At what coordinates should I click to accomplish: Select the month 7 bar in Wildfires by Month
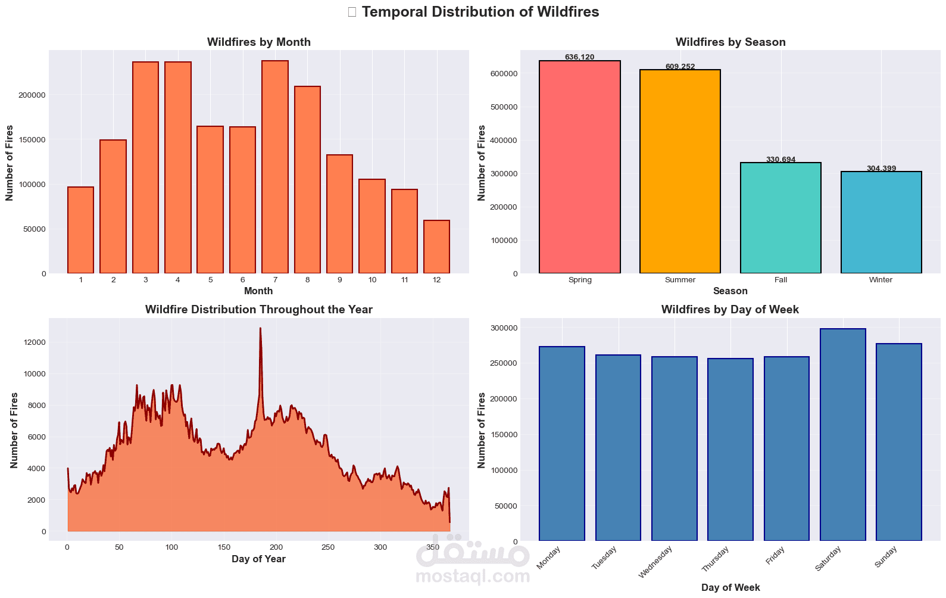(x=275, y=167)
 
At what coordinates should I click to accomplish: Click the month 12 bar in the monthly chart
(x=436, y=247)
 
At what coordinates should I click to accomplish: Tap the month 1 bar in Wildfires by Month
(x=81, y=230)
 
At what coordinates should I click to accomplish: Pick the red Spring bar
(x=580, y=167)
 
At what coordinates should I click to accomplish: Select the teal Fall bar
(x=780, y=218)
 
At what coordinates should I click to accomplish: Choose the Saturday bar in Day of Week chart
(x=842, y=435)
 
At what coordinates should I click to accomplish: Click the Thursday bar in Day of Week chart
(x=730, y=450)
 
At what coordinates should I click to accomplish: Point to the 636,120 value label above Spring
(x=580, y=57)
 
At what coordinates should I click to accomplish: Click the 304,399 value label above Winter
(x=881, y=169)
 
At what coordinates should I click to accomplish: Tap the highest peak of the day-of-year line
(x=260, y=328)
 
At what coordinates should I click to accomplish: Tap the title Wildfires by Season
(x=730, y=42)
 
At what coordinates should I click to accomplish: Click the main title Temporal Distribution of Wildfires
(x=480, y=12)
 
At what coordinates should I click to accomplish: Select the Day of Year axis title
(x=258, y=559)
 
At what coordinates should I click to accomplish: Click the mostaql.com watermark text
(x=473, y=577)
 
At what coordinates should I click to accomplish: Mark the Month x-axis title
(x=258, y=291)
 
